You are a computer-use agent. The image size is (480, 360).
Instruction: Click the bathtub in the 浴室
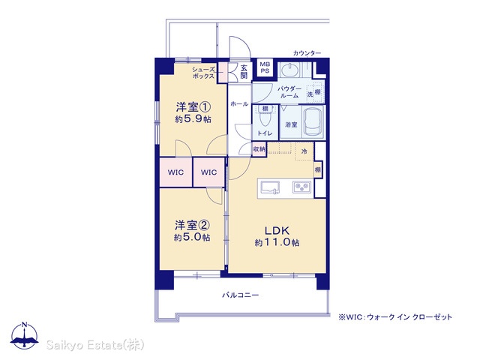313,122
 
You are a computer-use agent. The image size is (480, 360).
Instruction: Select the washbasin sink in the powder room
289,70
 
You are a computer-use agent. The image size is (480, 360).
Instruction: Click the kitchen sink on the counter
271,187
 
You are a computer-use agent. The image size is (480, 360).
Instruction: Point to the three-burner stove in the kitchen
301,187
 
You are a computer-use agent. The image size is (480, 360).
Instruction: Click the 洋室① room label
193,107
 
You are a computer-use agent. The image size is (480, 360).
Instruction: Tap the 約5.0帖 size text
192,237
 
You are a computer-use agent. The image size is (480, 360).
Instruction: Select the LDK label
277,230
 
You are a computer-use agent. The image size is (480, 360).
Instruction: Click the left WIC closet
175,172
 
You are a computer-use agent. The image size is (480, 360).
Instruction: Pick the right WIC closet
208,172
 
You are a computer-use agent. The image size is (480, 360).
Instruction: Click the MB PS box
265,67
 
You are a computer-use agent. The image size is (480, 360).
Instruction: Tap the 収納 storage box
259,149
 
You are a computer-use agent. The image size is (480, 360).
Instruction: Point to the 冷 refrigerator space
304,151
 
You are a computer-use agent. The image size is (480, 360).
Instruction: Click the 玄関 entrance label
244,72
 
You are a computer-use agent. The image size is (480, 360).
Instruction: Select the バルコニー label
240,295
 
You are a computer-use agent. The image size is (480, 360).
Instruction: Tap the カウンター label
307,53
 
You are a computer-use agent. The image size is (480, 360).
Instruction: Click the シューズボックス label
203,73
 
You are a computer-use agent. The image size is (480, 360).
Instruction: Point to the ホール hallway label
239,104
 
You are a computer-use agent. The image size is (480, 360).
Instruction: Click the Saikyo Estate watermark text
95,345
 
